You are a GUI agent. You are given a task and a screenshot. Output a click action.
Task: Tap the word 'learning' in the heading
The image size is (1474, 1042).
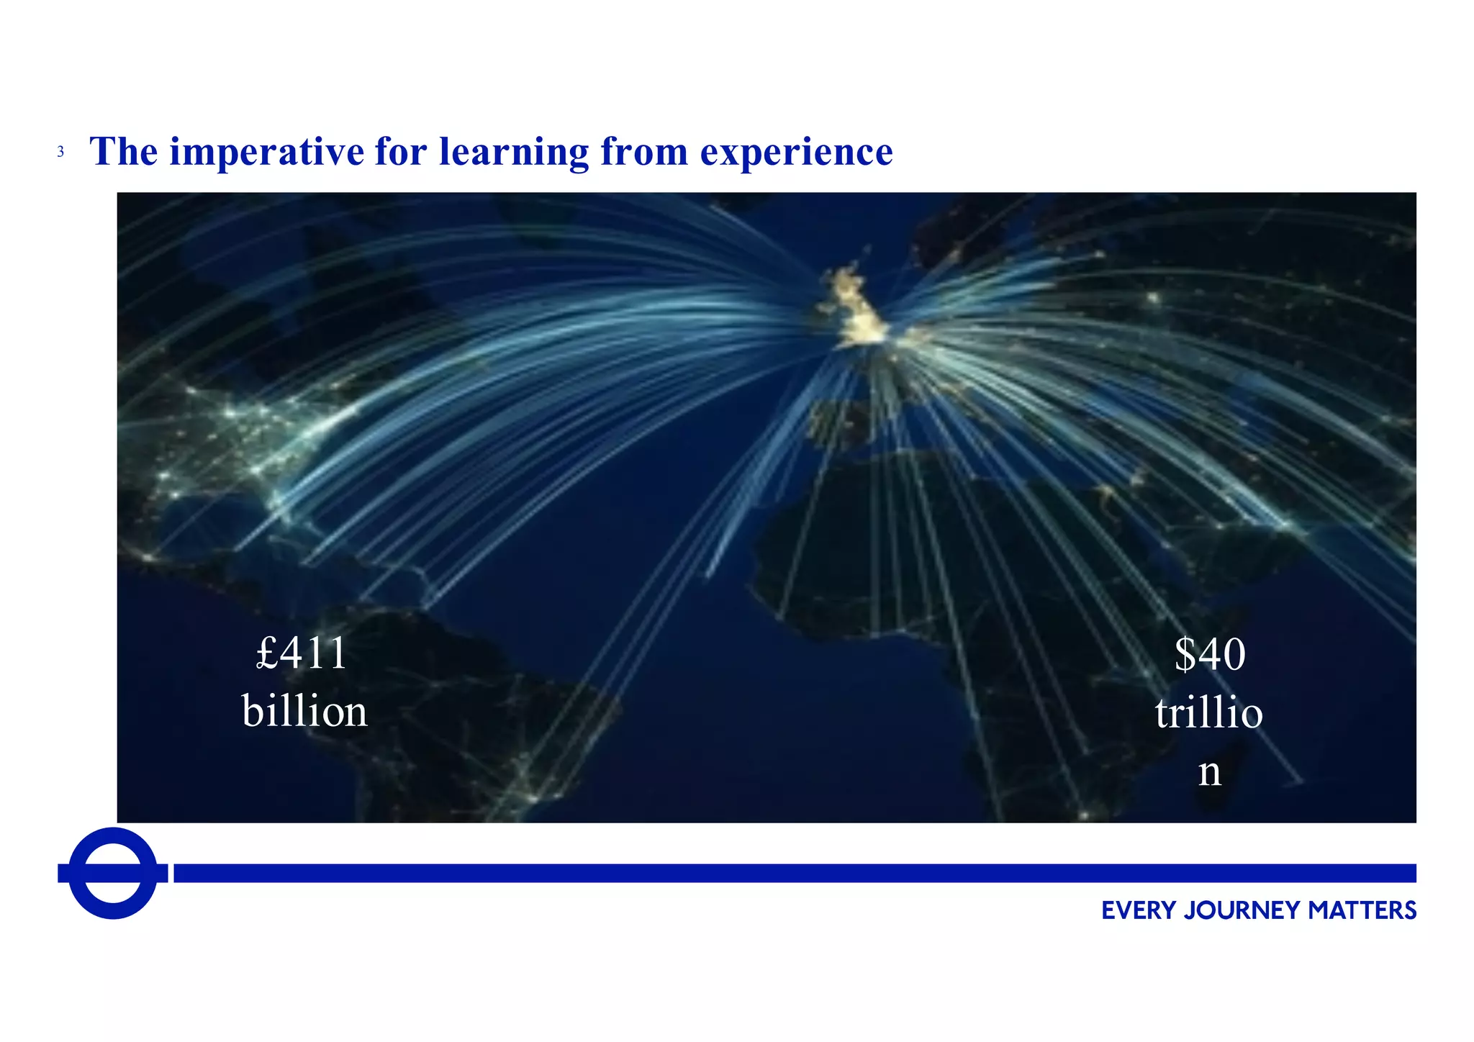pos(513,152)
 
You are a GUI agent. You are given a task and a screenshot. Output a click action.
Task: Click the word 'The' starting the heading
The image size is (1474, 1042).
pos(123,152)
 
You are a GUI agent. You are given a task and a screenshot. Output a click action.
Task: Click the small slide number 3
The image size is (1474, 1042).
pos(60,153)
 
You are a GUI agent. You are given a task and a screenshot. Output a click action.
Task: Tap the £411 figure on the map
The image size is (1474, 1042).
pos(302,653)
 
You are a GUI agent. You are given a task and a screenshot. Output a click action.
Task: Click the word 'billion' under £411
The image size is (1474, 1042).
pos(304,711)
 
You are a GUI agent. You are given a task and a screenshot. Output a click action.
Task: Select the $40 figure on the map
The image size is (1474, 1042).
pos(1210,654)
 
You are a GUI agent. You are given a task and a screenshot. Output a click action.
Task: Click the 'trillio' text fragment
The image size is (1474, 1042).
pos(1209,712)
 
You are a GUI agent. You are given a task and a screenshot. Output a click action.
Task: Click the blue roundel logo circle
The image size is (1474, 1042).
pos(113,873)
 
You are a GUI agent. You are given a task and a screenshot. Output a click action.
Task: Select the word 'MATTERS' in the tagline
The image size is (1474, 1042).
pos(1362,911)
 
